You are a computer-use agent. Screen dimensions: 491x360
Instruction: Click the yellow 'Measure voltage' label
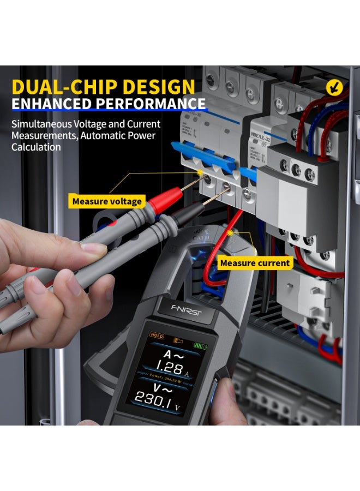coord(107,201)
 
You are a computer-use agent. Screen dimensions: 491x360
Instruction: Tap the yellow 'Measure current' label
coord(254,263)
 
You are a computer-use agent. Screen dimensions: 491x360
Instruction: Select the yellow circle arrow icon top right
coord(333,87)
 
